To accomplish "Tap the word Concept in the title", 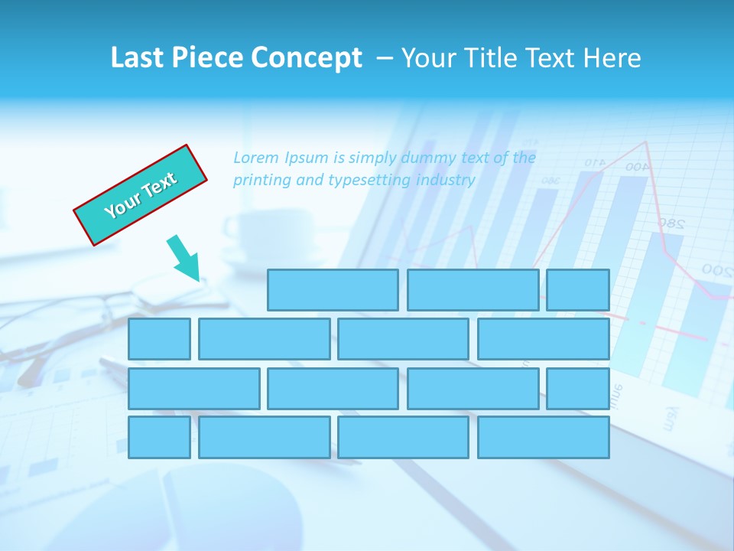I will tap(307, 59).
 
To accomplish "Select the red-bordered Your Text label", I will tap(141, 195).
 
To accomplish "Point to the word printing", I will tap(261, 181).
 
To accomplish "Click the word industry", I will tap(446, 181).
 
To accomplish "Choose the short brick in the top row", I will tap(578, 290).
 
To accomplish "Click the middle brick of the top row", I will tap(473, 290).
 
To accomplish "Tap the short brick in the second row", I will tap(159, 339).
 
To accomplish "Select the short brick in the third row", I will tap(578, 389).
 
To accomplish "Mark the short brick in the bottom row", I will tap(159, 438).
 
